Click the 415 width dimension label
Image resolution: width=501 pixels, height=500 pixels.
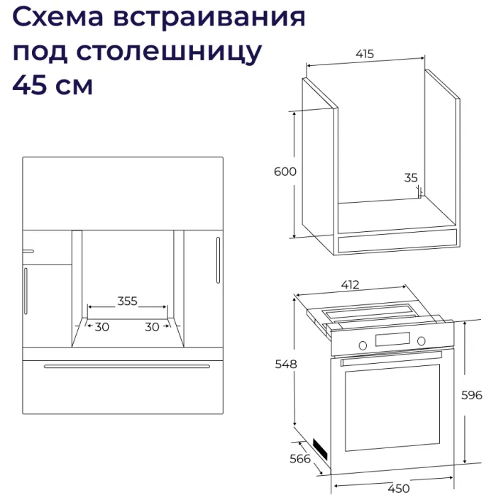tap(365, 54)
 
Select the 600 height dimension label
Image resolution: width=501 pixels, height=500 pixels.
tap(285, 172)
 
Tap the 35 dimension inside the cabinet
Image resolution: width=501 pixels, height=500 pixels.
tap(411, 178)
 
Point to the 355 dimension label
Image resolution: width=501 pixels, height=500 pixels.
tap(127, 301)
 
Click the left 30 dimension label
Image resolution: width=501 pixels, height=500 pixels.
tap(102, 327)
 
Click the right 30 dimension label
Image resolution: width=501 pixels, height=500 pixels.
tap(152, 327)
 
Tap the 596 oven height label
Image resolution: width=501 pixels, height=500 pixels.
tap(471, 394)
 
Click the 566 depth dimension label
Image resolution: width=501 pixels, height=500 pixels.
tap(301, 459)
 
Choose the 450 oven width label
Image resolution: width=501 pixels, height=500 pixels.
tap(399, 488)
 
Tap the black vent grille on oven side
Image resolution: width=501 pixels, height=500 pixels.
tap(321, 448)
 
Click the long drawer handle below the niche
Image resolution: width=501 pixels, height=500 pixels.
tap(126, 366)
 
